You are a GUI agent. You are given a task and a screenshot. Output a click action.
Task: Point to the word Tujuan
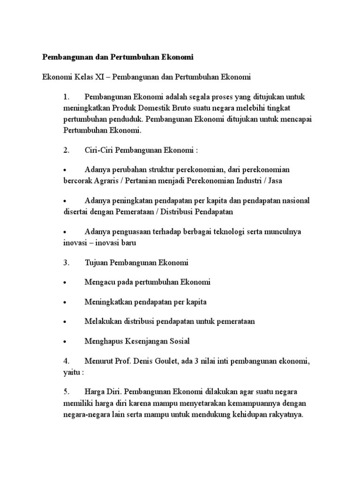coord(96,262)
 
